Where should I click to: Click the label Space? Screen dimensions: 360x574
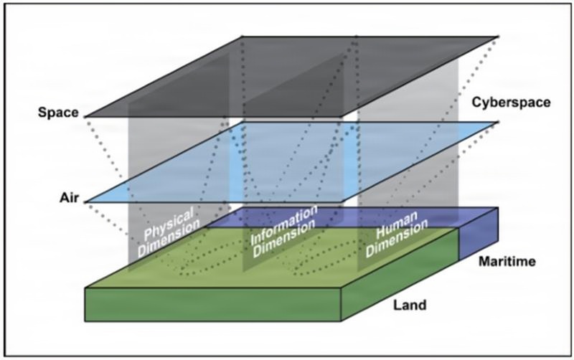click(x=58, y=113)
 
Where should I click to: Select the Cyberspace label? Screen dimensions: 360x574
click(x=510, y=103)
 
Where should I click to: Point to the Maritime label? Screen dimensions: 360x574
click(x=506, y=262)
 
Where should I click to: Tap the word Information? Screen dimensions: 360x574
click(x=284, y=223)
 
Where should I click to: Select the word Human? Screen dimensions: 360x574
click(x=395, y=222)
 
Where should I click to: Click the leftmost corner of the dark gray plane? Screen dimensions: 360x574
click(x=85, y=116)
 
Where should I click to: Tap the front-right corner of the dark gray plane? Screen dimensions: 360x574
click(x=342, y=116)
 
